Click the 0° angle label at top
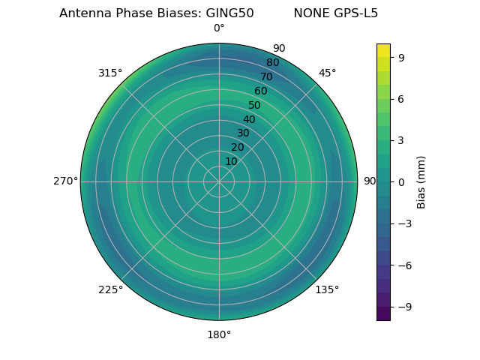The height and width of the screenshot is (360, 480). point(219,28)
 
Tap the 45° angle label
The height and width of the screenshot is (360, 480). point(327,73)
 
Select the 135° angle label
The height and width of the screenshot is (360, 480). point(327,289)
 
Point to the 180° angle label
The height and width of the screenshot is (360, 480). point(219,334)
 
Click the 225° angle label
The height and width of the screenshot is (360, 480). point(110,289)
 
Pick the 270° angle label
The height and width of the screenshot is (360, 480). point(66,181)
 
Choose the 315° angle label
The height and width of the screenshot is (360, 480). point(110,73)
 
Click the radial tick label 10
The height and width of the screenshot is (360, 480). point(231,161)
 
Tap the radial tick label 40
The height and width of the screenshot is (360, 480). point(249,120)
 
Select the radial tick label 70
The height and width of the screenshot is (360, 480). point(266,77)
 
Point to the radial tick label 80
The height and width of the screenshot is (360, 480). point(272,63)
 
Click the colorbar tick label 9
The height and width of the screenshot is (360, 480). point(402,57)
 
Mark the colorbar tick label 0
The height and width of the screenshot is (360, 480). point(402,181)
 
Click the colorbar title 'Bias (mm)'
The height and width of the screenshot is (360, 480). point(421,182)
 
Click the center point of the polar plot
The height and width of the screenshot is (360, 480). point(219,181)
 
